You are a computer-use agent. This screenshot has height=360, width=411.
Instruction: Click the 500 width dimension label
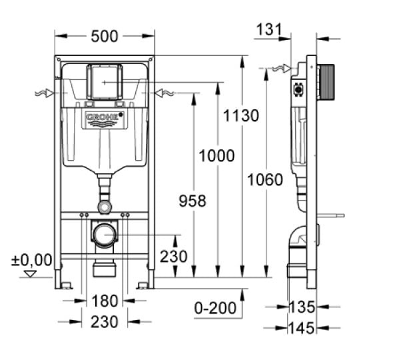(x=104, y=37)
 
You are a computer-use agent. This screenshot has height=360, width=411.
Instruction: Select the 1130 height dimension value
(x=240, y=116)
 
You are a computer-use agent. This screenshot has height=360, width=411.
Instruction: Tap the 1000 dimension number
(x=216, y=156)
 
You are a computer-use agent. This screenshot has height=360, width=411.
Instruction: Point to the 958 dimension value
(x=193, y=201)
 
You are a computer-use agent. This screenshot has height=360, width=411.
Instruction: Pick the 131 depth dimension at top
(x=268, y=29)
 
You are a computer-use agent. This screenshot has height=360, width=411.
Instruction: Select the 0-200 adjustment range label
(x=215, y=307)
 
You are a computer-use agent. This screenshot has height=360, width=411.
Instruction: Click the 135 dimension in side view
(x=302, y=307)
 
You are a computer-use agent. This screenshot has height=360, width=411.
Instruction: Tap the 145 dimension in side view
(x=302, y=327)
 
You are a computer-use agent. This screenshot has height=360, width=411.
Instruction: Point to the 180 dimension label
(x=105, y=301)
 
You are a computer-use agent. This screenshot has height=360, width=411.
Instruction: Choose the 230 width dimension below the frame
(x=105, y=321)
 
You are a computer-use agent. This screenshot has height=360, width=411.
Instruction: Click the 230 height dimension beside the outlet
(x=173, y=257)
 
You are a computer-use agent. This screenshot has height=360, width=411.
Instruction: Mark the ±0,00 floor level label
(x=31, y=259)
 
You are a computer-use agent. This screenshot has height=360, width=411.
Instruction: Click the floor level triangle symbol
(x=29, y=273)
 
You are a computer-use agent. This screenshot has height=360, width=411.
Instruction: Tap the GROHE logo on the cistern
(x=104, y=120)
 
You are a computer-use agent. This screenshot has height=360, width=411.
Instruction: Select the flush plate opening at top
(x=104, y=81)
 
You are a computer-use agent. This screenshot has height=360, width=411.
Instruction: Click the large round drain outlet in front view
(x=104, y=235)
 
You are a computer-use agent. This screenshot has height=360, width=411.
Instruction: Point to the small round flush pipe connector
(x=104, y=207)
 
